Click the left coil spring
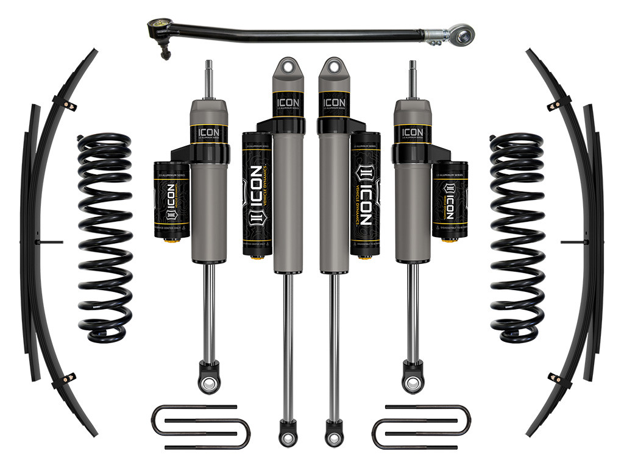pyautogui.click(x=104, y=238)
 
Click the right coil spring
pyautogui.click(x=518, y=238)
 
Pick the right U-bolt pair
pyautogui.click(x=420, y=427)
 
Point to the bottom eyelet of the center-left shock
pyautogui.click(x=287, y=438)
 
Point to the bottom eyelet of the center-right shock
pyautogui.click(x=334, y=438)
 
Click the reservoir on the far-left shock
pyautogui.click(x=172, y=201)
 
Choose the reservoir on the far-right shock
pyautogui.click(x=450, y=201)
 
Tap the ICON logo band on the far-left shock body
pyautogui.click(x=208, y=133)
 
